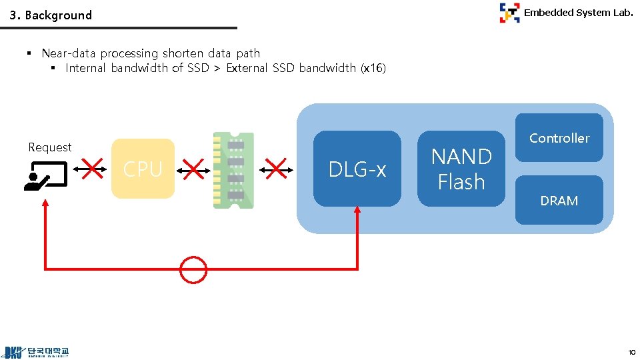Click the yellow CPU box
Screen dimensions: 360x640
(143, 169)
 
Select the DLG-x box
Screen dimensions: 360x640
(357, 169)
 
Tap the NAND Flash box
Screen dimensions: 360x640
(461, 169)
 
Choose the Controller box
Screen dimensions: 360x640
(559, 138)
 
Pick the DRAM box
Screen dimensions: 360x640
(559, 200)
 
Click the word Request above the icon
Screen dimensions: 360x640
(50, 147)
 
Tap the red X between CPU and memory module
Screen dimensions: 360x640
(193, 169)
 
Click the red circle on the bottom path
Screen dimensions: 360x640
(193, 269)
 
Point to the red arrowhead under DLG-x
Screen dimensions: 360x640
(357, 211)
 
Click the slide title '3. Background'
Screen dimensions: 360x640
(51, 15)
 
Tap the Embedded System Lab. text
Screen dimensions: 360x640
(578, 12)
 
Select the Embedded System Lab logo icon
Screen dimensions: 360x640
(509, 13)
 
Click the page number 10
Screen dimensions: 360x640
(631, 351)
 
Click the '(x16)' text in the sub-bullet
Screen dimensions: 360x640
(373, 68)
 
